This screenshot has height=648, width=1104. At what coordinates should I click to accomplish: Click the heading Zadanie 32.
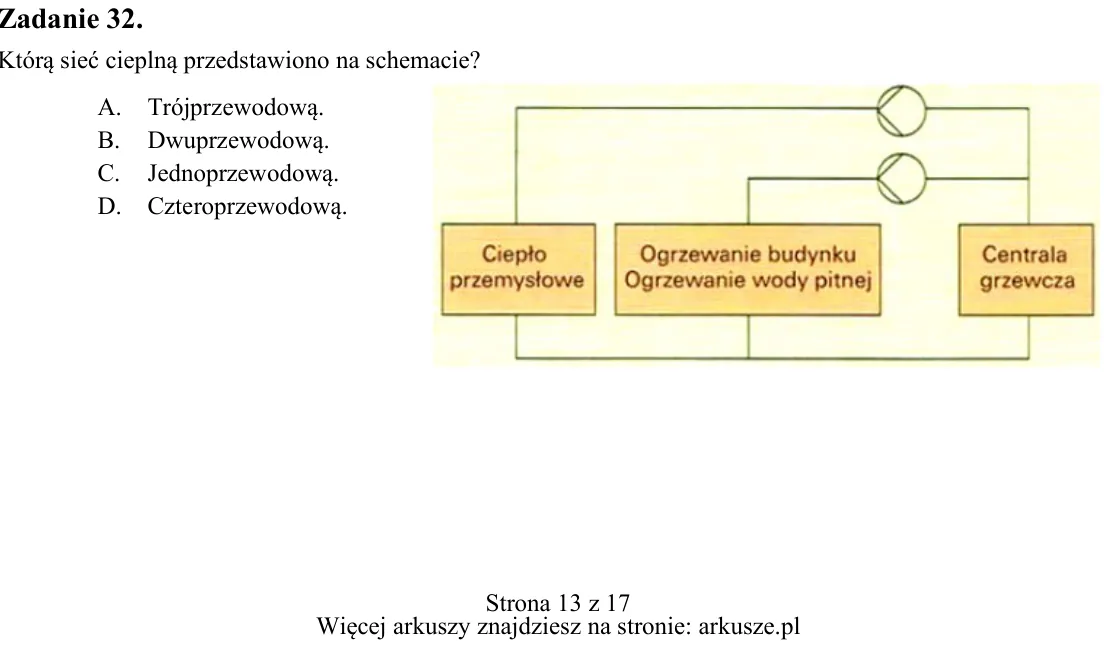tap(70, 19)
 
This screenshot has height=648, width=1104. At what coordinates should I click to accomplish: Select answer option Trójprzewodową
tap(235, 108)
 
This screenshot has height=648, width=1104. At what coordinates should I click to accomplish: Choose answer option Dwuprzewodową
tap(238, 141)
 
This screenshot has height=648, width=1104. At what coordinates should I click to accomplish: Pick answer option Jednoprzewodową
tap(243, 173)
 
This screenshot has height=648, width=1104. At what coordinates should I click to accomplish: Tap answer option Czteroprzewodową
tap(247, 206)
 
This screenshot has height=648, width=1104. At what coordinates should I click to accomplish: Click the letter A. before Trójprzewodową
tap(109, 107)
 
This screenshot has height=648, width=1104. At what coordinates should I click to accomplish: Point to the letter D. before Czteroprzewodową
tap(109, 206)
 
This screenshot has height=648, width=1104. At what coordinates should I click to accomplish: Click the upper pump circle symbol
tap(901, 111)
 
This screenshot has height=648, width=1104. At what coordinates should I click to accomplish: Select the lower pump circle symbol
tap(901, 179)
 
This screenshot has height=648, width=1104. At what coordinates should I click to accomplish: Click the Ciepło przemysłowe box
tap(518, 269)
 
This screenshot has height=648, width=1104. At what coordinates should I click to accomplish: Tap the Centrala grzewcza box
tap(1026, 269)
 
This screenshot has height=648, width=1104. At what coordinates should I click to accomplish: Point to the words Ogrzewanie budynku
tap(748, 254)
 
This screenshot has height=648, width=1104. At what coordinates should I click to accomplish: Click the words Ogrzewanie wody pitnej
tap(748, 280)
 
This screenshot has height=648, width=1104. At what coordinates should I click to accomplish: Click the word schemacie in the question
tap(422, 61)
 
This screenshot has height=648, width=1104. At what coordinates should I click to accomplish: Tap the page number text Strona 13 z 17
tap(558, 603)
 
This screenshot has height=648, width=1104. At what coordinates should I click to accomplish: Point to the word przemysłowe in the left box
tap(517, 281)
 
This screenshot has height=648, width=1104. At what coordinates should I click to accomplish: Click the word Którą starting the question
tap(26, 61)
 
